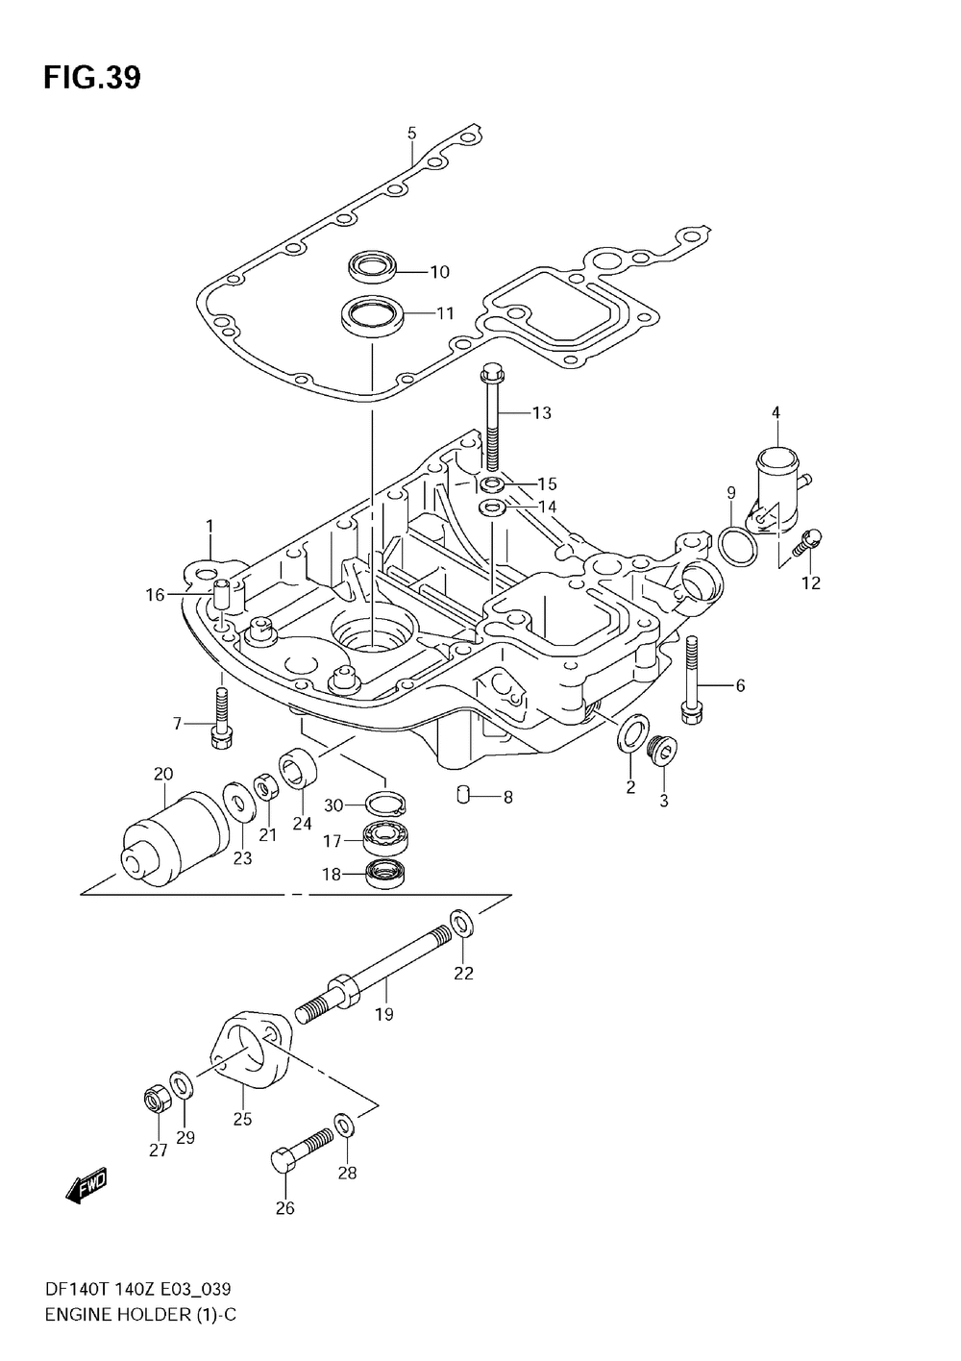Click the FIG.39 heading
pos(91,78)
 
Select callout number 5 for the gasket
pos(411,133)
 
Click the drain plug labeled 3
pos(661,750)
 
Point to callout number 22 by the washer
pos(463,973)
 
